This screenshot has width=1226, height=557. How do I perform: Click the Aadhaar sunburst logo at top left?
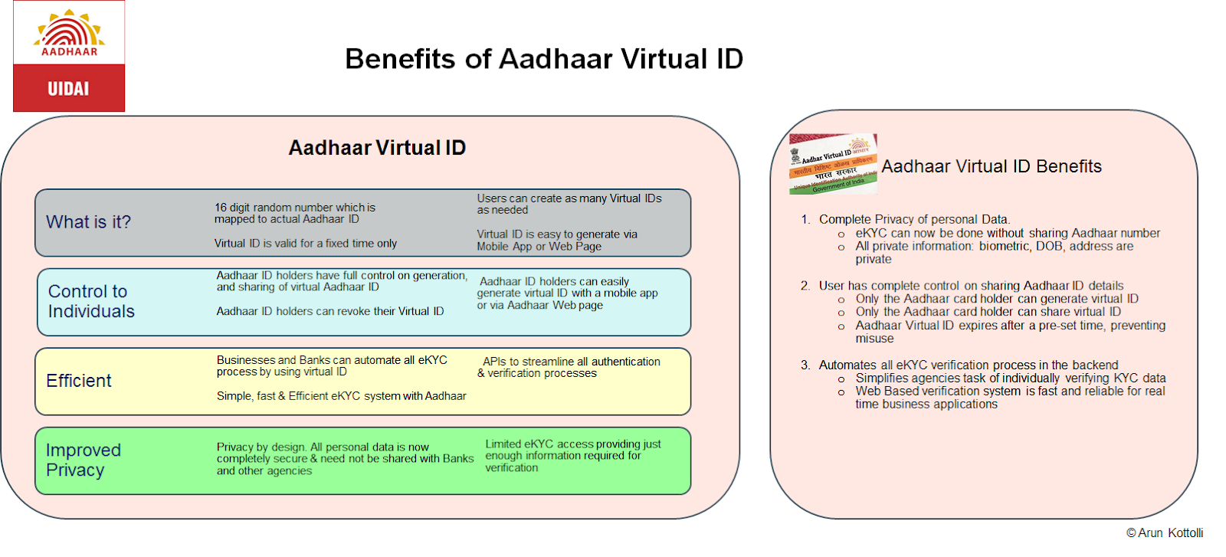pos(69,32)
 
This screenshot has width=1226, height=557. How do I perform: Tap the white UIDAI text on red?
pos(68,89)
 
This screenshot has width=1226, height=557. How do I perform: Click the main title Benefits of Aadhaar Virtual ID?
pos(544,59)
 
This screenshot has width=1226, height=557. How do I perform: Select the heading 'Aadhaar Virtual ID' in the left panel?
pos(377,148)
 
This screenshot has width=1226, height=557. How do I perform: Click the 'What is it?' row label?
pos(88,222)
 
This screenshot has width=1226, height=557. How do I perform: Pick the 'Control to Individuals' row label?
pos(91,301)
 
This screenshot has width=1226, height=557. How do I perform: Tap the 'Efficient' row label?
pos(79,381)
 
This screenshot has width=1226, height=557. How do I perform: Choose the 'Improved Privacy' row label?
pos(83,460)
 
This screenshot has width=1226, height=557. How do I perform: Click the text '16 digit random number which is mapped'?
pos(295,213)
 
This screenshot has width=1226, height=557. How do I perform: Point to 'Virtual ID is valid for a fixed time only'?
pos(306,244)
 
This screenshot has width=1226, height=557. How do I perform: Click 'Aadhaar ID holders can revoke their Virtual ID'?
pos(330,311)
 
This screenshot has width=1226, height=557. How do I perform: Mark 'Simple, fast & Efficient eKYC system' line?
pos(341,396)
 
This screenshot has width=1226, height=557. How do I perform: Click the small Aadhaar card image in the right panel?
pos(833,164)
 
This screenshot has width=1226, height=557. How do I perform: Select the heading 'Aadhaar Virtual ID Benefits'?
pos(992,166)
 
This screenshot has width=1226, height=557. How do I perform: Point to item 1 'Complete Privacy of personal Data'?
pos(914,219)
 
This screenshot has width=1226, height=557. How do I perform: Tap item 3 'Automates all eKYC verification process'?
pos(968,365)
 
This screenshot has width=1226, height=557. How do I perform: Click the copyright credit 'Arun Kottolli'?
pos(1165,533)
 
